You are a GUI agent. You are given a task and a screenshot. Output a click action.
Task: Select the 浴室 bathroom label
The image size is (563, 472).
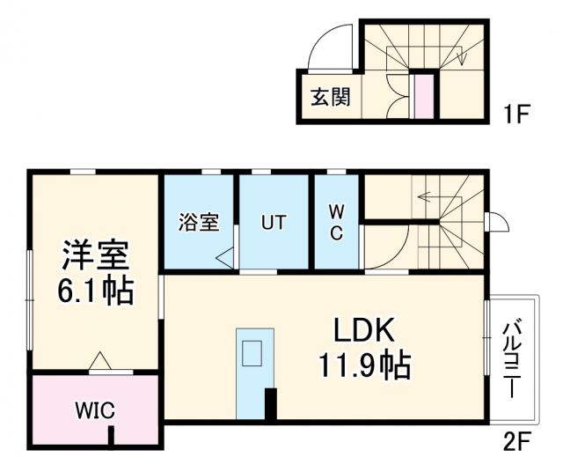[x=199, y=223]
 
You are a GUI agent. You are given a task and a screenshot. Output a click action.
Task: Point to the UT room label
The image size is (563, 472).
[x=273, y=223]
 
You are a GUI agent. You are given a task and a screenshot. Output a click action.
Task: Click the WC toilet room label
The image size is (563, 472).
[x=337, y=222]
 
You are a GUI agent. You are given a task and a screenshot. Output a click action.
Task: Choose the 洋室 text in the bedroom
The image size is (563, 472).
[x=95, y=254]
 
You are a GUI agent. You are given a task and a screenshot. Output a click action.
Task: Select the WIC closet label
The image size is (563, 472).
[x=93, y=410]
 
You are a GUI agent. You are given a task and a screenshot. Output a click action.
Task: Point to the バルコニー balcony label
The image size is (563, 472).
[x=511, y=360]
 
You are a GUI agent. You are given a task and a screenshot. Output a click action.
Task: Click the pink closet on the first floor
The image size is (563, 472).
[x=423, y=96]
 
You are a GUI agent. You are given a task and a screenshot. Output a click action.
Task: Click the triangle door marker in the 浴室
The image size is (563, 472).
[x=225, y=257]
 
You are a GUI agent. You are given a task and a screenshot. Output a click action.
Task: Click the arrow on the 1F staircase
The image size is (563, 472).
[x=462, y=55]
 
